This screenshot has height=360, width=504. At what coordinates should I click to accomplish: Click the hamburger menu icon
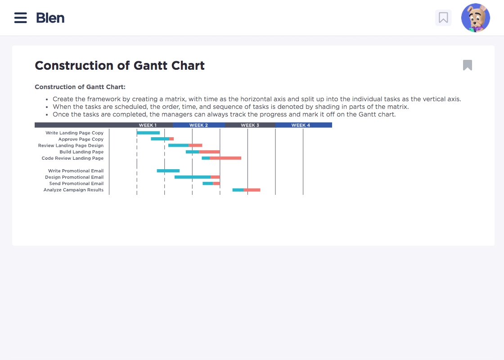click(21, 18)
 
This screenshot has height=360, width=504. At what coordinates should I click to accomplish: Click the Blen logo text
click(50, 18)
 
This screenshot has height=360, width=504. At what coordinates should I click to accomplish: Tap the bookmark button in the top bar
click(443, 18)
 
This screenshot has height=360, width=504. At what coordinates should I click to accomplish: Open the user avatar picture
click(475, 18)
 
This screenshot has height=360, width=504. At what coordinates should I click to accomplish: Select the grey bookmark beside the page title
click(468, 65)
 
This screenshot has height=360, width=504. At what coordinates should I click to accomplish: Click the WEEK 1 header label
click(148, 125)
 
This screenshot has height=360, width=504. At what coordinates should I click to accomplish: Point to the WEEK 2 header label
click(198, 125)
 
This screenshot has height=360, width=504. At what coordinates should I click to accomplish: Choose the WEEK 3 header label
click(250, 125)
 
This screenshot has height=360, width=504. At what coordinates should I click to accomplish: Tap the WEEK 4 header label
click(301, 125)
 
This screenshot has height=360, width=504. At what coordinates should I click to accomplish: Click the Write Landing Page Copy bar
click(148, 133)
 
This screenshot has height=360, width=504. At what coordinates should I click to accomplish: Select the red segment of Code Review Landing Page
click(225, 158)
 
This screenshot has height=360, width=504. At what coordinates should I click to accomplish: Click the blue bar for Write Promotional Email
click(168, 171)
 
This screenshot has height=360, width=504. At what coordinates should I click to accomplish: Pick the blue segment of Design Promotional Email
click(193, 177)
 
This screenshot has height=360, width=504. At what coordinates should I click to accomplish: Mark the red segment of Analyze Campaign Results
click(252, 190)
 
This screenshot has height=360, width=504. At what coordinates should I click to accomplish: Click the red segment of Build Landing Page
click(210, 152)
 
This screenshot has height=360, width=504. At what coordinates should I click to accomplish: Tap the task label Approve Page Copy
click(81, 139)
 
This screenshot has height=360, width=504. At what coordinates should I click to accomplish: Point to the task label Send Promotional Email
click(76, 184)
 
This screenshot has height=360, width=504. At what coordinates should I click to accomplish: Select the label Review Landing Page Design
click(71, 146)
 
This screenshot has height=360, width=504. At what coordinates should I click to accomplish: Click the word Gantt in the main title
click(150, 66)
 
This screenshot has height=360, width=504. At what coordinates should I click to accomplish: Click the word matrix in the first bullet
click(175, 99)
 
